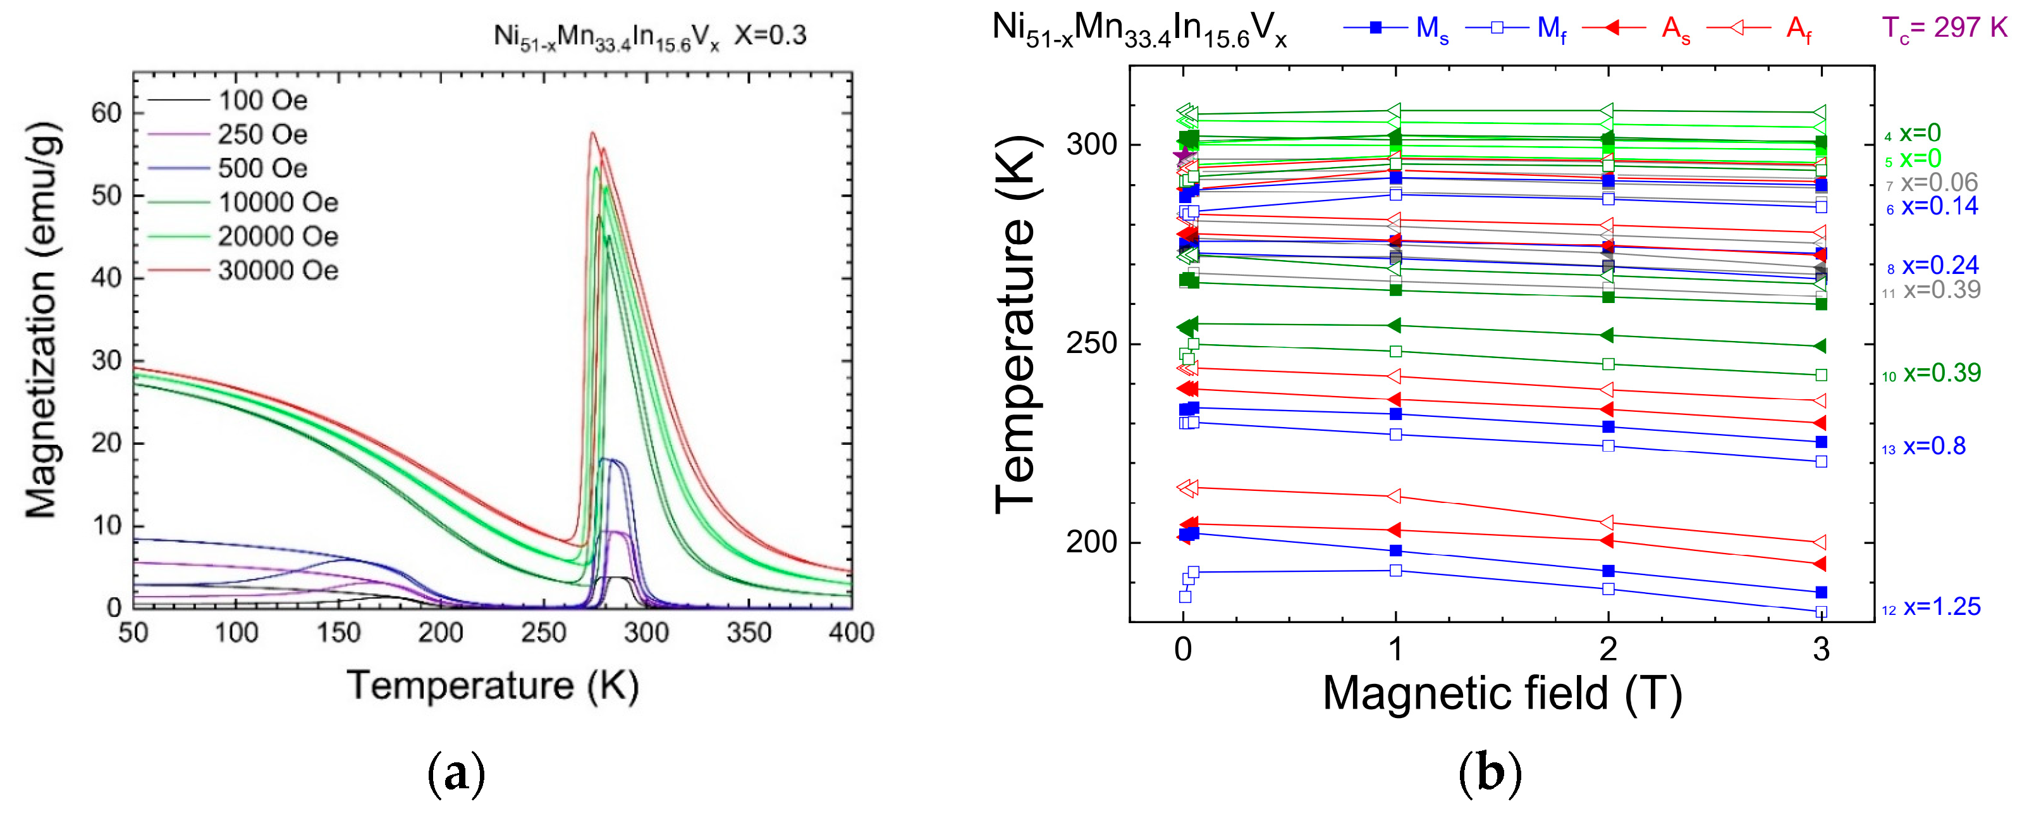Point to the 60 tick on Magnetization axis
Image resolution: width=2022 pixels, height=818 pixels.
pos(106,113)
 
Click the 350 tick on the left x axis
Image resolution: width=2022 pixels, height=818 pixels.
pos(748,633)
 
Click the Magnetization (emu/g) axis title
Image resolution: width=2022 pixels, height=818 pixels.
pos(41,320)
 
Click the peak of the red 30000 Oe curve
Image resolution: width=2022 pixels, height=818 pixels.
pos(592,133)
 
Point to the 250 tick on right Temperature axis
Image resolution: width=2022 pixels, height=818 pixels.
pos(1091,344)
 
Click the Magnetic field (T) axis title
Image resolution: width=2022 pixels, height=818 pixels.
pos(1502,694)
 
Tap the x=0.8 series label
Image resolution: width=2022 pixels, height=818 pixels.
pos(1933,447)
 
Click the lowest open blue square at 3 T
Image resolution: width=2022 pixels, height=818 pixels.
pos(1821,612)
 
